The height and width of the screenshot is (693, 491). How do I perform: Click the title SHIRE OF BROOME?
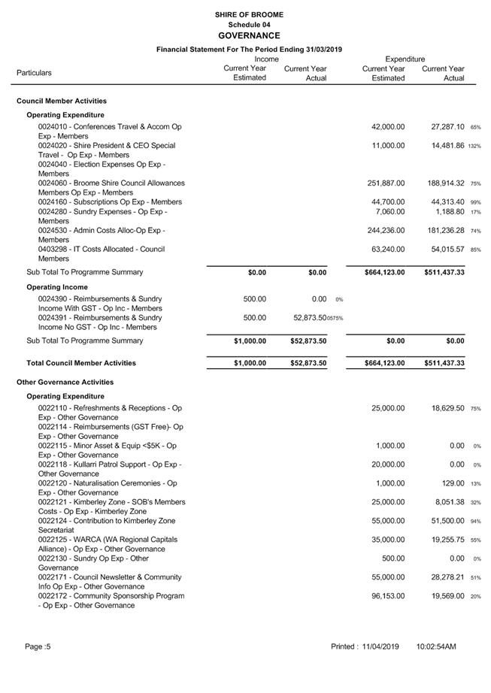(249, 14)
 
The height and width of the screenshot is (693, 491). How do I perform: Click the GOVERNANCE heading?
(249, 35)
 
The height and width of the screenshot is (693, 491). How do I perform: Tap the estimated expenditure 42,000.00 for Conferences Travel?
(388, 127)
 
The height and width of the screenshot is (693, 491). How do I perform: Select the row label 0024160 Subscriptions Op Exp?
(110, 202)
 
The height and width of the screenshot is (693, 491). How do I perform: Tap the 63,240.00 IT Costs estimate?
(388, 249)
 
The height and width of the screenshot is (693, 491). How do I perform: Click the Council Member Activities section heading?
(62, 101)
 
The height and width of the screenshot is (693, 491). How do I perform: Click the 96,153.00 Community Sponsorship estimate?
(388, 596)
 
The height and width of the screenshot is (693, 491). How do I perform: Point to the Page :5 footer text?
(38, 646)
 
